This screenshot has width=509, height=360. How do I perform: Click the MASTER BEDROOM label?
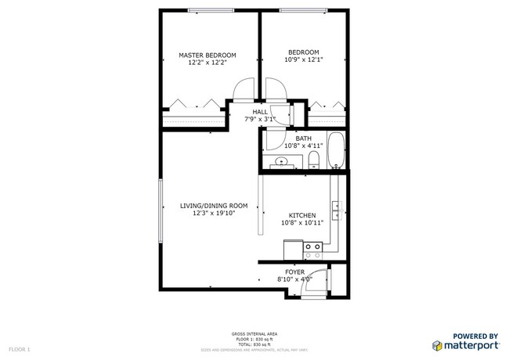[208, 56]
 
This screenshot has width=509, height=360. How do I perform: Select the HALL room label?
[260, 113]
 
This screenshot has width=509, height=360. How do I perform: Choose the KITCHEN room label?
[302, 215]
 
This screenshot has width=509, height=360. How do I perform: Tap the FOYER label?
[294, 272]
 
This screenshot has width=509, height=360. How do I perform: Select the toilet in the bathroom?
[313, 161]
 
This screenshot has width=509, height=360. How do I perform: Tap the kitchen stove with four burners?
[313, 250]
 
